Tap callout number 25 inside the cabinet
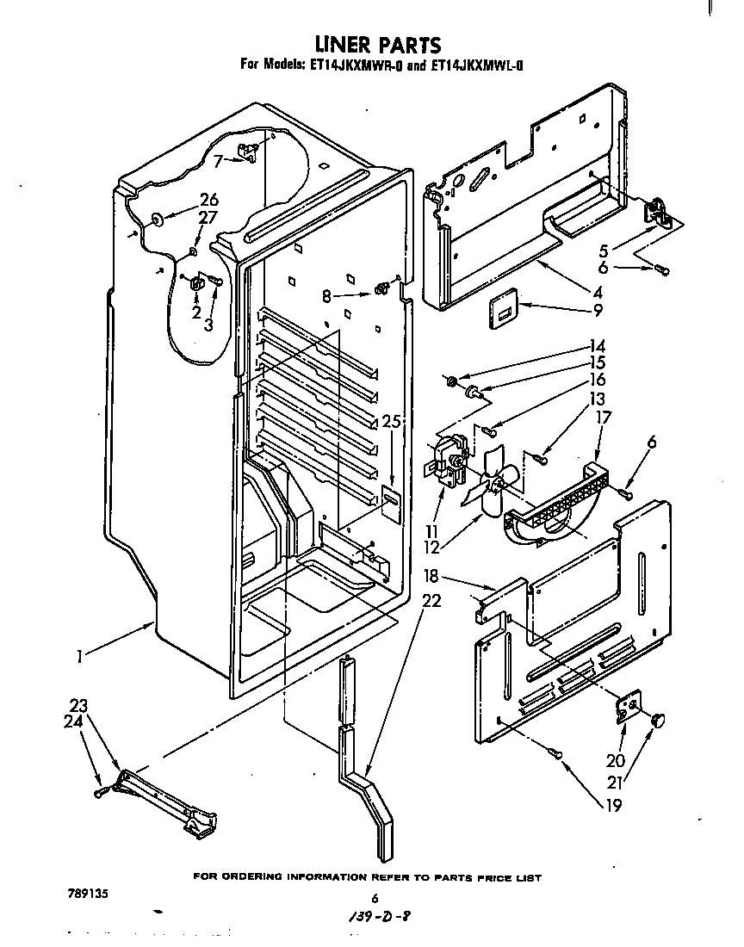click(391, 421)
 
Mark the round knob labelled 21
click(660, 720)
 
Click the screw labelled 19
click(556, 755)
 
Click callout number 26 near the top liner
click(209, 199)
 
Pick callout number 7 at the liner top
click(219, 159)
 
